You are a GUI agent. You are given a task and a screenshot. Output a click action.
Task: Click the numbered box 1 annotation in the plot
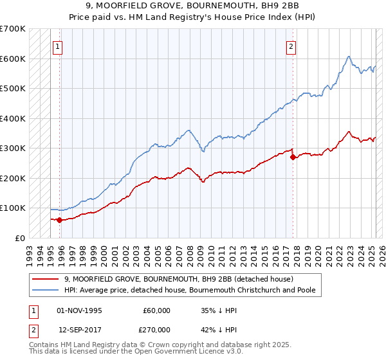coord(58,46)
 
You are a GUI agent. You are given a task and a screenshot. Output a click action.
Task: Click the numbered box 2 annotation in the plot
coord(291,46)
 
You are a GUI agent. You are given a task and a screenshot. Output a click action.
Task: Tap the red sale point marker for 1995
coord(60,220)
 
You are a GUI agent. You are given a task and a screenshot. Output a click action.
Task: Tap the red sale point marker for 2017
coord(293,157)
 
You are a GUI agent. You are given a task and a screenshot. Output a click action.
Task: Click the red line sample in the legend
coord(45,279)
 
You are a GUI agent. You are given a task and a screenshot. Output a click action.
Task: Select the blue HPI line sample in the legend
coord(45,290)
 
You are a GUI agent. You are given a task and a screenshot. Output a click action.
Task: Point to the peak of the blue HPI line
coord(348,57)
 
